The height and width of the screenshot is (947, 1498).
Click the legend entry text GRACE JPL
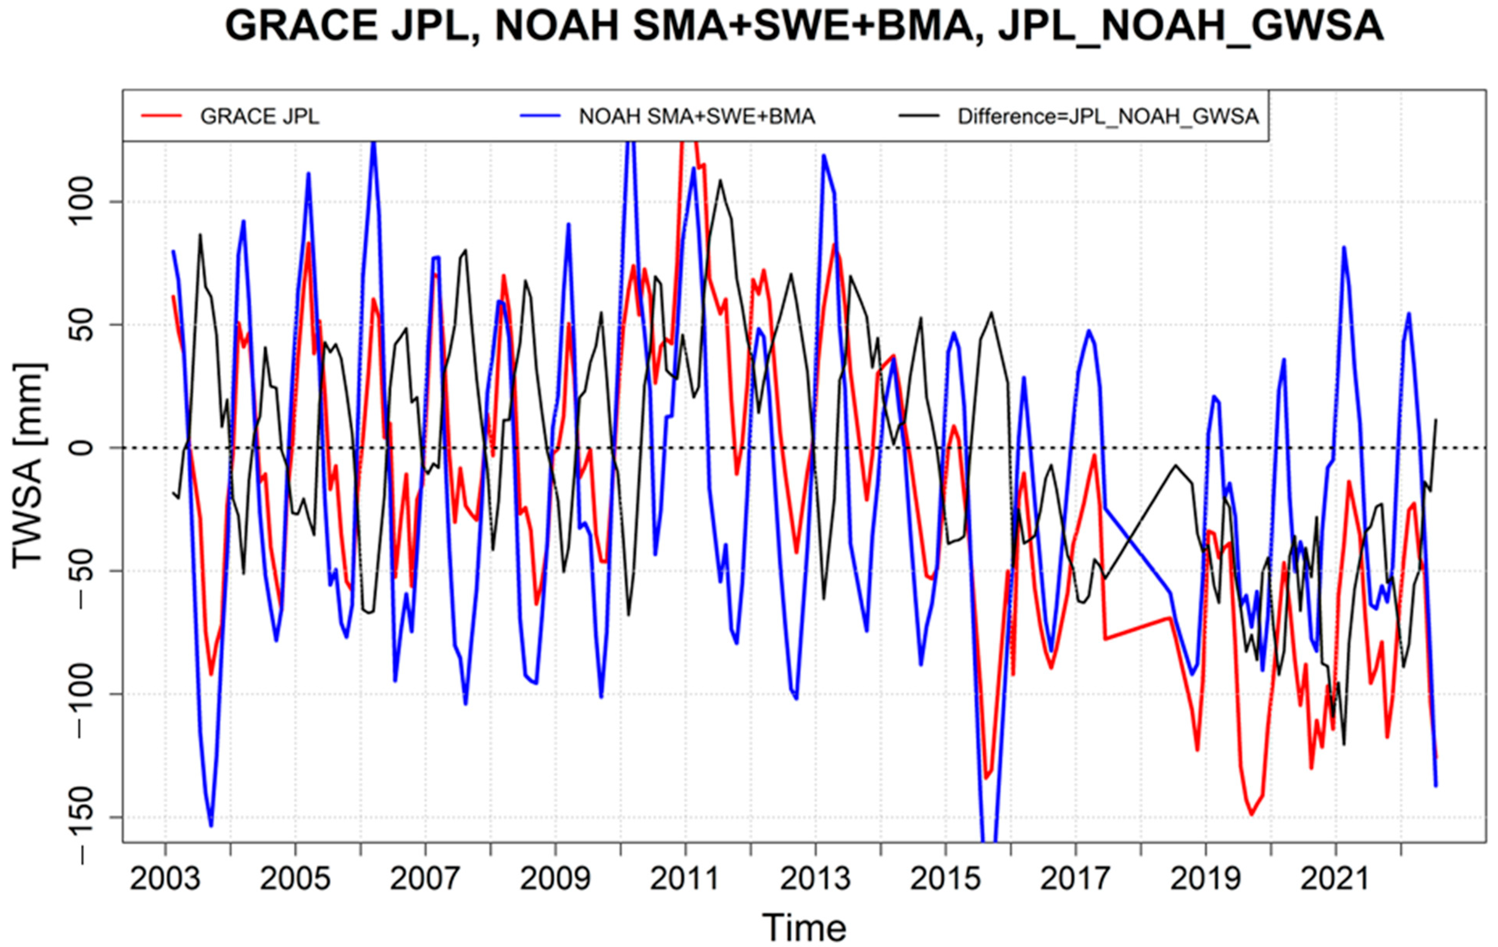pyautogui.click(x=260, y=116)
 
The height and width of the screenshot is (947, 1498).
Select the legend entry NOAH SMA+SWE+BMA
pyautogui.click(x=697, y=116)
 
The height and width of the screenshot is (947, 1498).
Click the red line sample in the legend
pyautogui.click(x=162, y=116)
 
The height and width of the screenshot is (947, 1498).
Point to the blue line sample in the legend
pyautogui.click(x=540, y=116)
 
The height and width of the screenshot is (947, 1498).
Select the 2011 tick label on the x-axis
pyautogui.click(x=685, y=879)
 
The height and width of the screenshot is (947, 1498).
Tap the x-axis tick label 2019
pyautogui.click(x=1205, y=879)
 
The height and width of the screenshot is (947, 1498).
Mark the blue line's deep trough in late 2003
pyautogui.click(x=211, y=826)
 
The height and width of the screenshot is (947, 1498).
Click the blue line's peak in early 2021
pyautogui.click(x=1344, y=247)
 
